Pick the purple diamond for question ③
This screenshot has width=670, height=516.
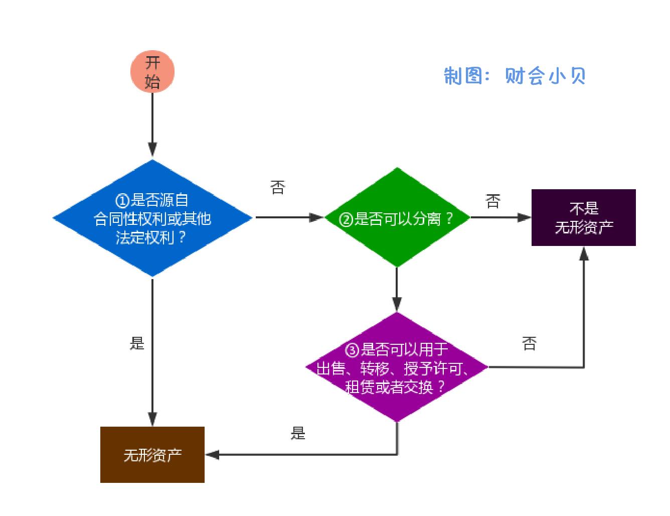[397, 402]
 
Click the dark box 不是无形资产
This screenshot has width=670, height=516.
[583, 217]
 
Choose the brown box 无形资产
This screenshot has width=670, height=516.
[152, 455]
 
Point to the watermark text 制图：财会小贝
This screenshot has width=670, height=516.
[515, 76]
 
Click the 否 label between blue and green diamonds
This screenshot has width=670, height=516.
[278, 188]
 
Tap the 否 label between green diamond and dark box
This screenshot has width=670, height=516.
[493, 201]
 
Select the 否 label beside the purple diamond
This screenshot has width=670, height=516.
[529, 344]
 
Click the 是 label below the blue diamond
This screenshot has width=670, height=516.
[137, 343]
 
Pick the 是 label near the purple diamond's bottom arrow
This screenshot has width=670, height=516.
[298, 433]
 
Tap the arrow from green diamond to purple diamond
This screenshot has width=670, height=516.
[397, 289]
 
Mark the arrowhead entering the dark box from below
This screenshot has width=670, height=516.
[584, 254]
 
